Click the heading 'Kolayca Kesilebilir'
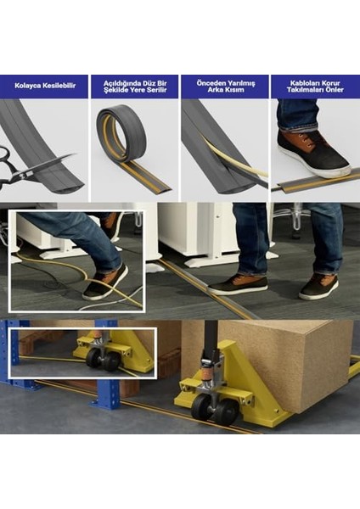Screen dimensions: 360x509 tap(45, 86)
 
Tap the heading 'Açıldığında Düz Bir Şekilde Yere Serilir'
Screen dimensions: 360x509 tap(135, 87)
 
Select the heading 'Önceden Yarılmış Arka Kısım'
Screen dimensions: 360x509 tap(226, 86)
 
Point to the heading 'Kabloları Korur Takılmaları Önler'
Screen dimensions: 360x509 tap(315, 87)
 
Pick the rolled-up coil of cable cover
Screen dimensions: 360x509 tap(121, 132)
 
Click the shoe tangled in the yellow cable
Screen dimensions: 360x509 tap(105, 282)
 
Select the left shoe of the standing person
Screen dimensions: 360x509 tap(237, 285)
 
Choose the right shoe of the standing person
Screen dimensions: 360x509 tap(318, 288)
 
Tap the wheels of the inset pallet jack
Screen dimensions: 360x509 tap(104, 360)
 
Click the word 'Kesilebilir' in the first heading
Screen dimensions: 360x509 tap(59, 86)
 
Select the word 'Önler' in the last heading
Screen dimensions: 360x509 tap(335, 90)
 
